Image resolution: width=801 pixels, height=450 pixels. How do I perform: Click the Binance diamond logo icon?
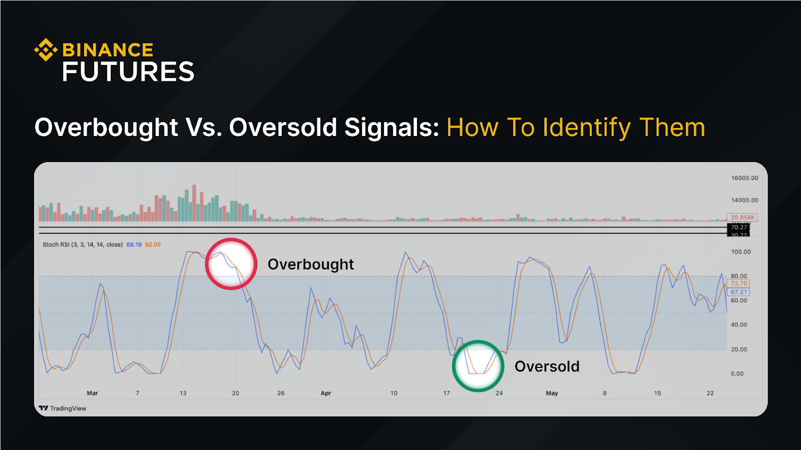[46, 49]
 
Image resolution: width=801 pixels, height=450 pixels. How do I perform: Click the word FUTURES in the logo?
[128, 72]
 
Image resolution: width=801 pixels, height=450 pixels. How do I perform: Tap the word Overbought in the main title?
[106, 127]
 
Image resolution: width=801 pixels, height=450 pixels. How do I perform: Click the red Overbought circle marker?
[231, 264]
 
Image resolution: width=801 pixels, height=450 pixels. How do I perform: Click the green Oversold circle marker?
[478, 366]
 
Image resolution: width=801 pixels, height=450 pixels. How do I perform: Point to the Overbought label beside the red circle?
[310, 264]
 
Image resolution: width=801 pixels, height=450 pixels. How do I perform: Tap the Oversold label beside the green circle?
[547, 366]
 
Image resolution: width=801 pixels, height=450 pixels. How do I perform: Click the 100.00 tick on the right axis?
[740, 252]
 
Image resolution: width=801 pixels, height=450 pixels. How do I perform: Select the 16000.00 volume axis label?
[744, 178]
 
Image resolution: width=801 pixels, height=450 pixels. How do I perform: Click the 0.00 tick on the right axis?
[737, 373]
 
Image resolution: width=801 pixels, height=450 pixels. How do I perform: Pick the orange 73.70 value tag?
[738, 283]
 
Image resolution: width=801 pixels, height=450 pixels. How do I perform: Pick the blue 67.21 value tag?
[738, 292]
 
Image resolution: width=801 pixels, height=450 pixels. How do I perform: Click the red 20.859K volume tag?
[742, 217]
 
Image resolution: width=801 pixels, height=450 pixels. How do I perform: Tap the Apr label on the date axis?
[326, 393]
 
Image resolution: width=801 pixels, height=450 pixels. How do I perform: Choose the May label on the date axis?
[552, 393]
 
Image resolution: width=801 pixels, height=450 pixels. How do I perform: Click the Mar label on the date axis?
[92, 393]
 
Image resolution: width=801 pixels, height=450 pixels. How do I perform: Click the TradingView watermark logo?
[63, 408]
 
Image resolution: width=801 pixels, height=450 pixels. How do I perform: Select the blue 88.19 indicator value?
[134, 244]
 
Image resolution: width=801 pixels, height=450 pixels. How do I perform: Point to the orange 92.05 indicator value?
[153, 244]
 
